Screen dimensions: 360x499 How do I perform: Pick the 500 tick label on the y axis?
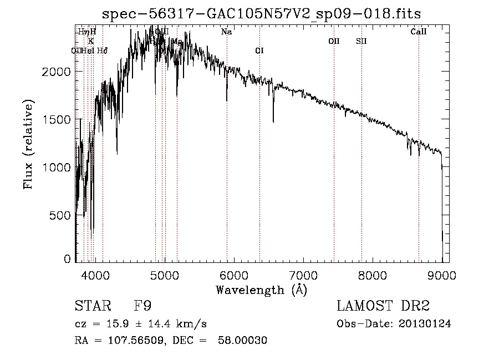[x=62, y=215]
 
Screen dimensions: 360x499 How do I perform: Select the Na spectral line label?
[x=226, y=32]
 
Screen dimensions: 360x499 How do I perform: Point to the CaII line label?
[x=419, y=32]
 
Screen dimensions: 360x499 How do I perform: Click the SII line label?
[x=361, y=41]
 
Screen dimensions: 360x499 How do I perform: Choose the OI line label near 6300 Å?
[x=259, y=50]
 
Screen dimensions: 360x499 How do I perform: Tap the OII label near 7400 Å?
[x=334, y=41]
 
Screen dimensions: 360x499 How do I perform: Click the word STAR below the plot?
[x=89, y=306]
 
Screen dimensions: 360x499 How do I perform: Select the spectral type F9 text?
[x=142, y=306]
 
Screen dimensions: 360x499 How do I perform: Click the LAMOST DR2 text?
[x=383, y=306]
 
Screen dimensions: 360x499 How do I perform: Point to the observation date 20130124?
[x=424, y=324]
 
